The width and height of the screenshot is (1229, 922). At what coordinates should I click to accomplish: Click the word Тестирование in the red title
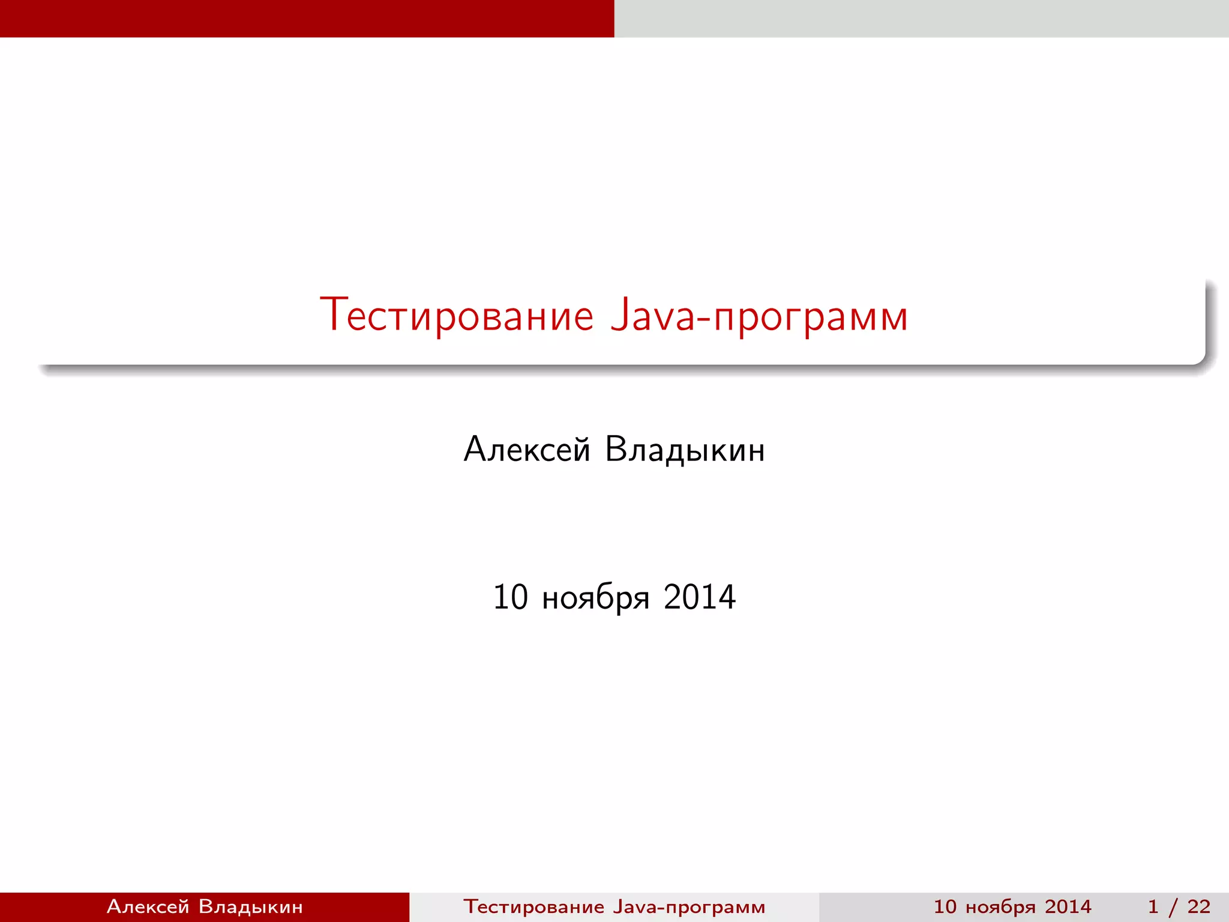click(456, 315)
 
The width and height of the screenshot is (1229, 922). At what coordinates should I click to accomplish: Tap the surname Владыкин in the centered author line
click(685, 450)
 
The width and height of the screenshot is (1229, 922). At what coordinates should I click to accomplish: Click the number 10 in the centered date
click(510, 597)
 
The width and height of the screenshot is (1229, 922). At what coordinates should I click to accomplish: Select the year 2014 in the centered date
click(700, 597)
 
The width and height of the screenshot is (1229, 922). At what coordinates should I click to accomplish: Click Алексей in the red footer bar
click(148, 906)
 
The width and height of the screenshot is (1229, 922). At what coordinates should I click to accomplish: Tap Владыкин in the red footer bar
click(250, 906)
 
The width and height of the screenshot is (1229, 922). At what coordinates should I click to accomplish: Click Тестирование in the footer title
click(533, 906)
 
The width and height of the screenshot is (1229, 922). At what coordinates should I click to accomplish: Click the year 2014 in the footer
click(1068, 906)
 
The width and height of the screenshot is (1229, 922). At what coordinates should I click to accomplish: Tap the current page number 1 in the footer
click(1153, 906)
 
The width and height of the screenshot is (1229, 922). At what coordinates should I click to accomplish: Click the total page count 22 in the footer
click(1198, 906)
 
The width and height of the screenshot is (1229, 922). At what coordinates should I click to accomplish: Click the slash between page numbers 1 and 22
click(1173, 907)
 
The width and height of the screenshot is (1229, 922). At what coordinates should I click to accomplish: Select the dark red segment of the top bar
click(307, 18)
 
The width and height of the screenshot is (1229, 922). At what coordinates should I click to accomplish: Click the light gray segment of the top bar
click(922, 18)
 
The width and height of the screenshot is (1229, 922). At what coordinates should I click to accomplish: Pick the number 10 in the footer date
click(945, 906)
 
